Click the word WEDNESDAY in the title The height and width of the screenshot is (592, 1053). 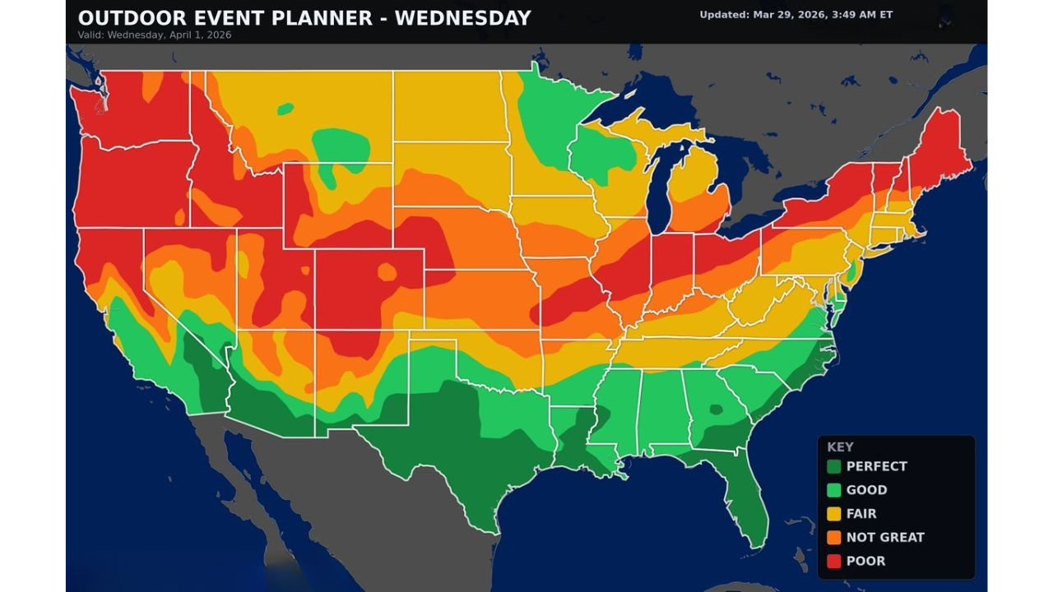[x=462, y=18]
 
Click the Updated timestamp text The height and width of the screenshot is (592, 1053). [x=796, y=15]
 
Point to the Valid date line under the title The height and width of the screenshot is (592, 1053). [x=154, y=35]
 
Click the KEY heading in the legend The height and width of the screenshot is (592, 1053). [x=840, y=447]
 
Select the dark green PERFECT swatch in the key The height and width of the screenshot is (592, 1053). [x=834, y=466]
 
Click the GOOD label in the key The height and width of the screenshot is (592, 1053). [x=866, y=490]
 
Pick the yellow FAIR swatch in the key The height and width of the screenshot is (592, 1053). [x=834, y=514]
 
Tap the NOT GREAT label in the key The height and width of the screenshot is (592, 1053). [x=885, y=537]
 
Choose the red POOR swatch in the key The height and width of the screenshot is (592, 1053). [x=834, y=561]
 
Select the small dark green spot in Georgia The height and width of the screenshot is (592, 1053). [x=714, y=409]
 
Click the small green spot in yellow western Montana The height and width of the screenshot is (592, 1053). [x=285, y=109]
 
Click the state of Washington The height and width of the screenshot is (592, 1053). [x=132, y=107]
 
